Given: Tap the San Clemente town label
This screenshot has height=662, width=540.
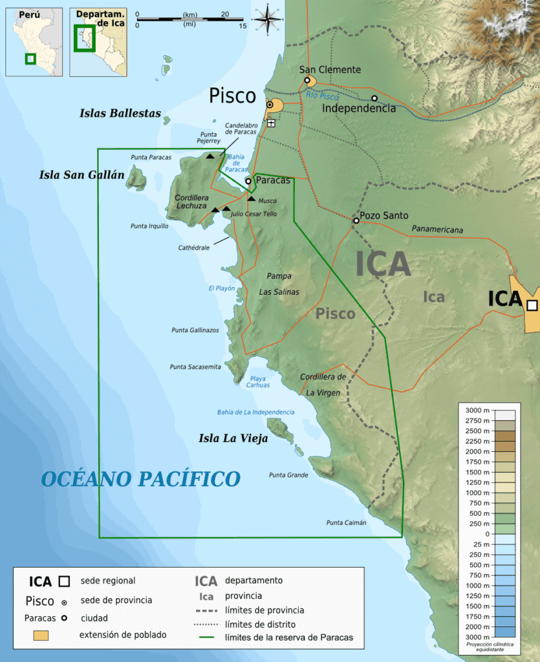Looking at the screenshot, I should pos(330,70).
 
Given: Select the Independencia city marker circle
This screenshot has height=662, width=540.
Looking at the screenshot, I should pos(374,99).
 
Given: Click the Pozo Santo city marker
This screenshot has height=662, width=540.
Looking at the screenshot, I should pos(356,220).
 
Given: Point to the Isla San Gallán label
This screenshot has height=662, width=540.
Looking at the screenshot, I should pos(81,175).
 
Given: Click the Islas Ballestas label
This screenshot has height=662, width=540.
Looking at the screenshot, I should pos(120,113).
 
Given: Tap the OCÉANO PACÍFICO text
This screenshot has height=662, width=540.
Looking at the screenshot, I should pos(140,479).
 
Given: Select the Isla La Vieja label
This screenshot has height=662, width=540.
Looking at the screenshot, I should pos(233,439).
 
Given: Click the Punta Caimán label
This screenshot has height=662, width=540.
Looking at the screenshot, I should pos(346,522).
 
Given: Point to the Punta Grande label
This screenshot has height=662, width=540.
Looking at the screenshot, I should pos(288,475).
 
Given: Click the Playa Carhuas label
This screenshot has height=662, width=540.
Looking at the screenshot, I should pos(257,381).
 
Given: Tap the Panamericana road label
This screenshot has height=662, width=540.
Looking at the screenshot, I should pos(437,230).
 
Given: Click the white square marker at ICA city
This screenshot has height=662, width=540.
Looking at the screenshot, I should pos(532,305).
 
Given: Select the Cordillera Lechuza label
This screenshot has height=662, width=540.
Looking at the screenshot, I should pos(191,202).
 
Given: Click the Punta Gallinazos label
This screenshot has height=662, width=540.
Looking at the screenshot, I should pos(195,330).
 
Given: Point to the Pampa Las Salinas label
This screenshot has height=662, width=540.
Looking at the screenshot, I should pos(279,284).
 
